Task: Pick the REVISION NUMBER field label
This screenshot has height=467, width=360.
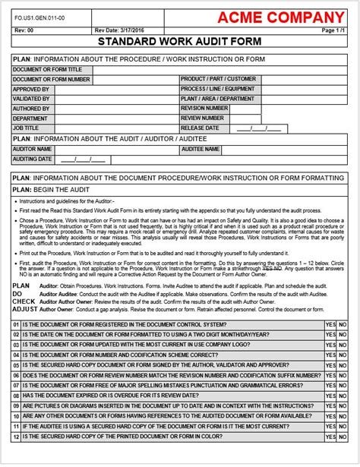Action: click(204, 109)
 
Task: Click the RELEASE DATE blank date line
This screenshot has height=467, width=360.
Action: click(259, 128)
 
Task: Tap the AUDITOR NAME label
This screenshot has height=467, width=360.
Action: click(33, 150)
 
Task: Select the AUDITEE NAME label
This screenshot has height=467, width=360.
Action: click(201, 150)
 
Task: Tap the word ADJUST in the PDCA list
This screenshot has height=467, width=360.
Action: click(24, 310)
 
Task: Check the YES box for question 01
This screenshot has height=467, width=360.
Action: click(330, 324)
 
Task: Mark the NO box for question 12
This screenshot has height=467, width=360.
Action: click(343, 437)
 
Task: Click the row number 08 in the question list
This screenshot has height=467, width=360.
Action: click(16, 396)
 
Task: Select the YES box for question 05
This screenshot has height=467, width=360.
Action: click(330, 365)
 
